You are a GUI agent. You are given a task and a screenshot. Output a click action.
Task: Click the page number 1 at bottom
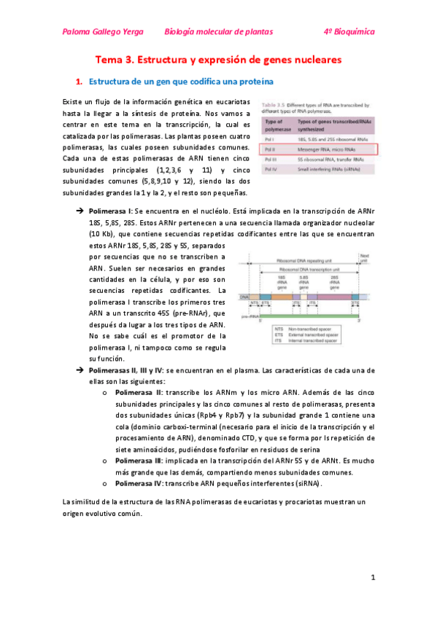(x=372, y=578)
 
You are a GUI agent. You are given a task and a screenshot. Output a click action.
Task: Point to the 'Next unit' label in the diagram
(x=365, y=257)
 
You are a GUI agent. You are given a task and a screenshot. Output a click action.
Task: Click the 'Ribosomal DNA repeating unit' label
(x=306, y=261)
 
